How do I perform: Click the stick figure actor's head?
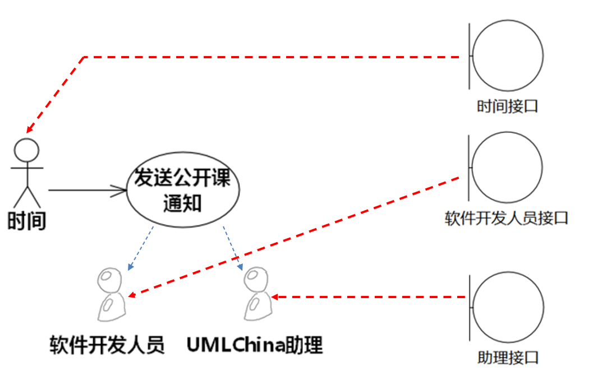pos(26,150)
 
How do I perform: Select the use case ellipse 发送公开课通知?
pos(182,190)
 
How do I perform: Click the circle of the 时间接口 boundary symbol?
pos(508,55)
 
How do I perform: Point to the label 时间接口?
pos(507,106)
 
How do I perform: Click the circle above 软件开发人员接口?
pos(508,167)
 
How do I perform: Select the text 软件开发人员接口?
pos(507,217)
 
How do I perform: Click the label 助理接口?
pos(508,358)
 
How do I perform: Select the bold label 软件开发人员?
pos(107,345)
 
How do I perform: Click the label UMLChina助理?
pos(255,345)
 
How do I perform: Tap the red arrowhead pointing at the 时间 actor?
pos(29,128)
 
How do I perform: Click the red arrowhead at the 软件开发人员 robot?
pos(132,295)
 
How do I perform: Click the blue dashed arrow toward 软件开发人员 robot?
pos(140,247)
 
